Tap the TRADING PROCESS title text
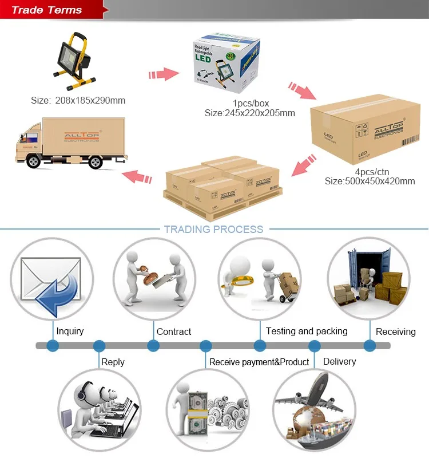[213, 230]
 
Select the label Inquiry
[70, 331]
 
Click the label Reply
[113, 362]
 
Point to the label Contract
[174, 331]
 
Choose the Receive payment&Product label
[259, 362]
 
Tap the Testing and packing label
[307, 331]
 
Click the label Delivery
[339, 361]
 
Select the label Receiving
[396, 331]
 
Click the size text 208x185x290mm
[78, 101]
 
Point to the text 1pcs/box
[251, 103]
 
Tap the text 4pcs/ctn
[370, 171]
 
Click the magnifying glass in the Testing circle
[240, 275]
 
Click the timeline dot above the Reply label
[100, 346]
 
